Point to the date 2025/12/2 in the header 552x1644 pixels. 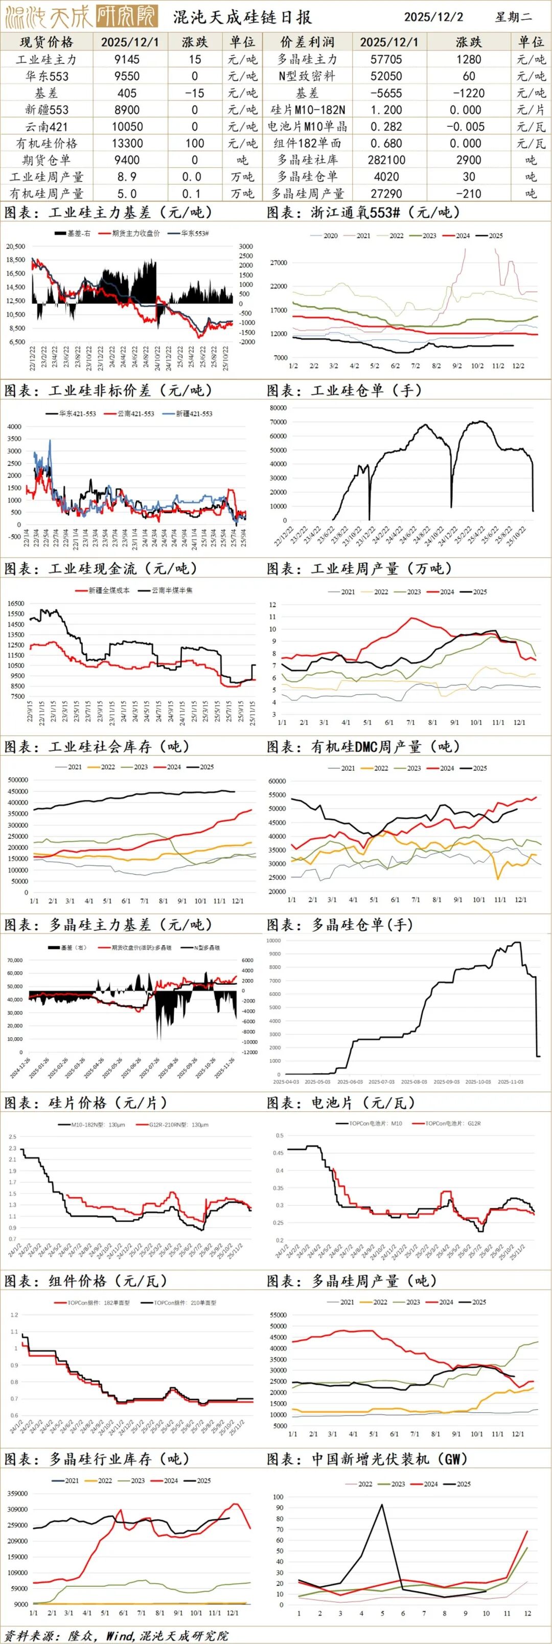pyautogui.click(x=433, y=16)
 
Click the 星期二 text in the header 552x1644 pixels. pyautogui.click(x=514, y=16)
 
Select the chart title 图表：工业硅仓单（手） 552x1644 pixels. pyautogui.click(x=344, y=390)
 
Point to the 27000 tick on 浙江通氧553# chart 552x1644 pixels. pyautogui.click(x=279, y=262)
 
